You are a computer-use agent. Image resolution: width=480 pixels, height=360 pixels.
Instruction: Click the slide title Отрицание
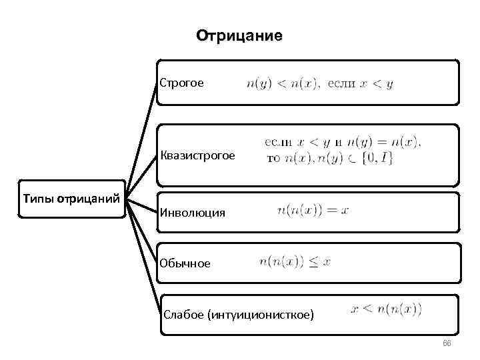point(239,35)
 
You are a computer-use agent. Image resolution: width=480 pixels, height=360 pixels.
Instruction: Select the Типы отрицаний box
point(71,198)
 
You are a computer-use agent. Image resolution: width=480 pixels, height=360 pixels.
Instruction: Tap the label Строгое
point(181,83)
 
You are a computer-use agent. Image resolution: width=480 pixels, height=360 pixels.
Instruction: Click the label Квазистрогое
point(197,156)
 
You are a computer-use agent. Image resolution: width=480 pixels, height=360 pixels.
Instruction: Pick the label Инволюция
point(192,213)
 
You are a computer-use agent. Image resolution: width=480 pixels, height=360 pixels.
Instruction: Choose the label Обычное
point(185,263)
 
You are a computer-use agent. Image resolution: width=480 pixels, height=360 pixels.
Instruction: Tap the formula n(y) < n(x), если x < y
point(320,84)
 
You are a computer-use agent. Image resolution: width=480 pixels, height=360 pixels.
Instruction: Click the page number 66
point(447,343)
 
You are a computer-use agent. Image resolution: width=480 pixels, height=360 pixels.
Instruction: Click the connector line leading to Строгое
point(143,127)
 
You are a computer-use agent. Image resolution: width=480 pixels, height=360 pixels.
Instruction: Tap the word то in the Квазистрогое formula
point(273,159)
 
